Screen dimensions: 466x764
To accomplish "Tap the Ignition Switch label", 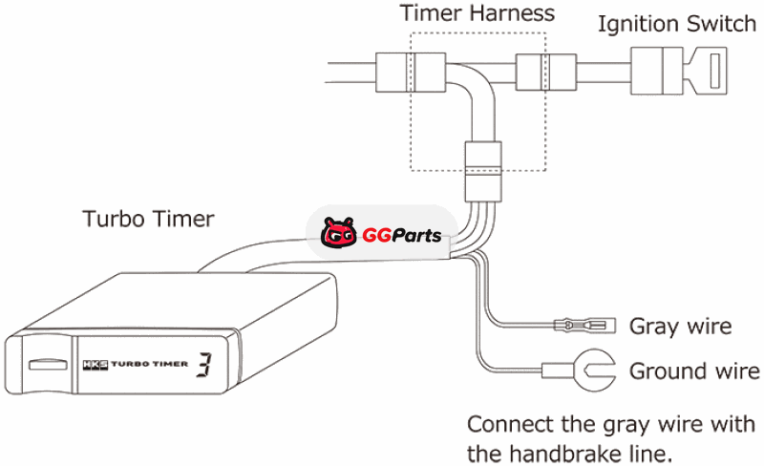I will (676, 24).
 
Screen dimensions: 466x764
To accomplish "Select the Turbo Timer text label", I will (148, 219).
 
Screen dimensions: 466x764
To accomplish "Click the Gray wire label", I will (680, 327).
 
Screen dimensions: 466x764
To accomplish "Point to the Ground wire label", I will (694, 371).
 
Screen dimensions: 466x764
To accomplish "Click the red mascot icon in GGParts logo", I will (338, 232).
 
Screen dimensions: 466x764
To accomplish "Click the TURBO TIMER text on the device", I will (148, 364).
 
